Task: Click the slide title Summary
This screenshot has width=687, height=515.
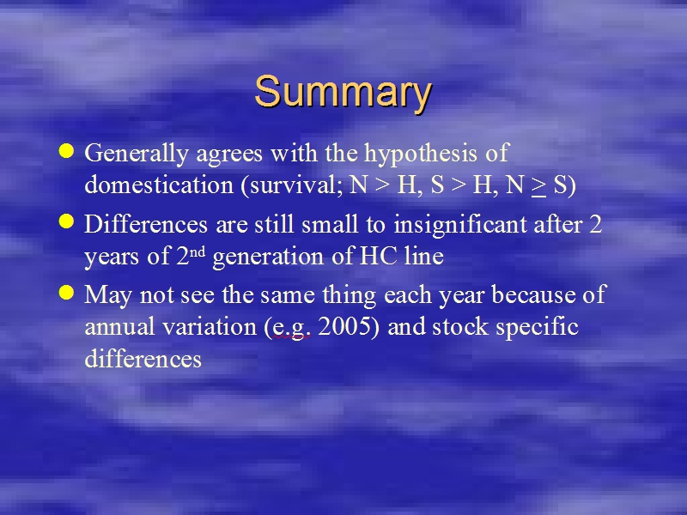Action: coord(343,93)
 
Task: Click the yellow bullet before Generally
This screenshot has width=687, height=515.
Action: coord(66,151)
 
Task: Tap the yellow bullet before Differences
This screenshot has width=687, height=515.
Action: coord(66,221)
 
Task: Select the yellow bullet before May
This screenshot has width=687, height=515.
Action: coord(66,292)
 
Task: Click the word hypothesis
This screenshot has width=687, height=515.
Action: coord(421,154)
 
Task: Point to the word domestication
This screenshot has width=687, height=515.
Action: coord(159,185)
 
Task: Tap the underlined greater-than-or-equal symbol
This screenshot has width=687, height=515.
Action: coord(538,186)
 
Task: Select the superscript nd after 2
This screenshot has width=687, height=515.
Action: coord(198,252)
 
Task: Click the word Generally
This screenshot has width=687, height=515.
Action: coord(137,154)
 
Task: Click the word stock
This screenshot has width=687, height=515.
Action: coord(460,327)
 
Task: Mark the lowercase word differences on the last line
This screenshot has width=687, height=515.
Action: coord(143,359)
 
